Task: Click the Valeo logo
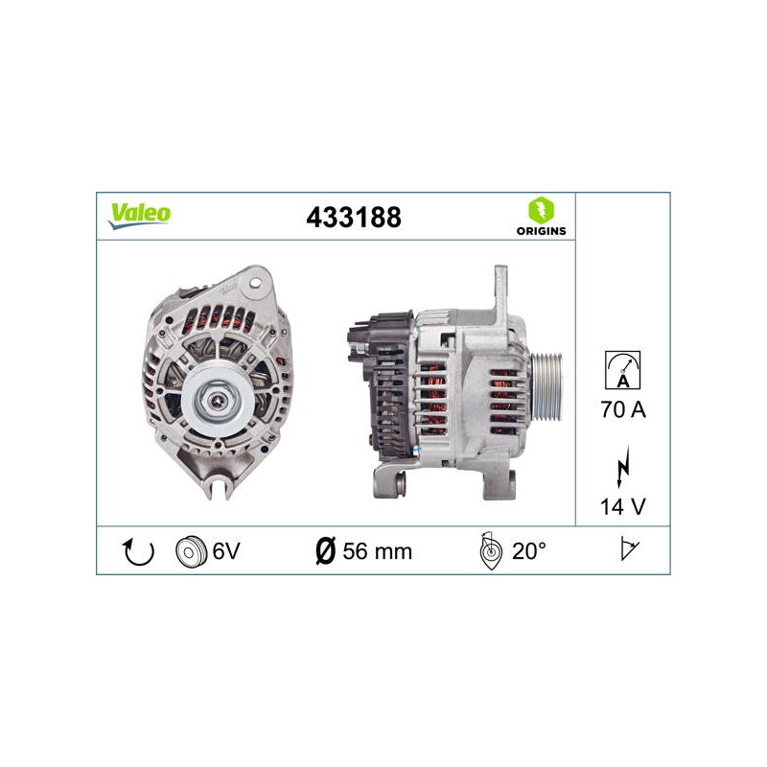[x=139, y=216]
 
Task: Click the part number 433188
[x=354, y=218]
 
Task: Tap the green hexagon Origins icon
[x=541, y=210]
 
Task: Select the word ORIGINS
[x=541, y=231]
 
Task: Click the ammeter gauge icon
[x=622, y=370]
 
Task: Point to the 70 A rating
[x=623, y=409]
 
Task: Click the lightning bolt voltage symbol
[x=622, y=467]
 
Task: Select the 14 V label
[x=622, y=507]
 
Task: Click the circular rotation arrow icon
[x=138, y=551]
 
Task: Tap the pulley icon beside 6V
[x=190, y=552]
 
